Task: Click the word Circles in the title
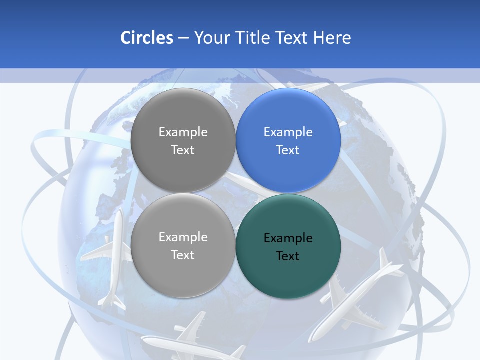147,38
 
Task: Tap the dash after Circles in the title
183,38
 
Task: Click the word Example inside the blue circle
288,132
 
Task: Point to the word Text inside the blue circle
288,150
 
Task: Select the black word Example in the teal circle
288,238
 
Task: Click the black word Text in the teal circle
288,256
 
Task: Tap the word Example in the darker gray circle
183,132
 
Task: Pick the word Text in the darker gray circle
183,150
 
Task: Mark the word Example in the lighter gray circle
183,237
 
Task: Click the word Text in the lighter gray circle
183,255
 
